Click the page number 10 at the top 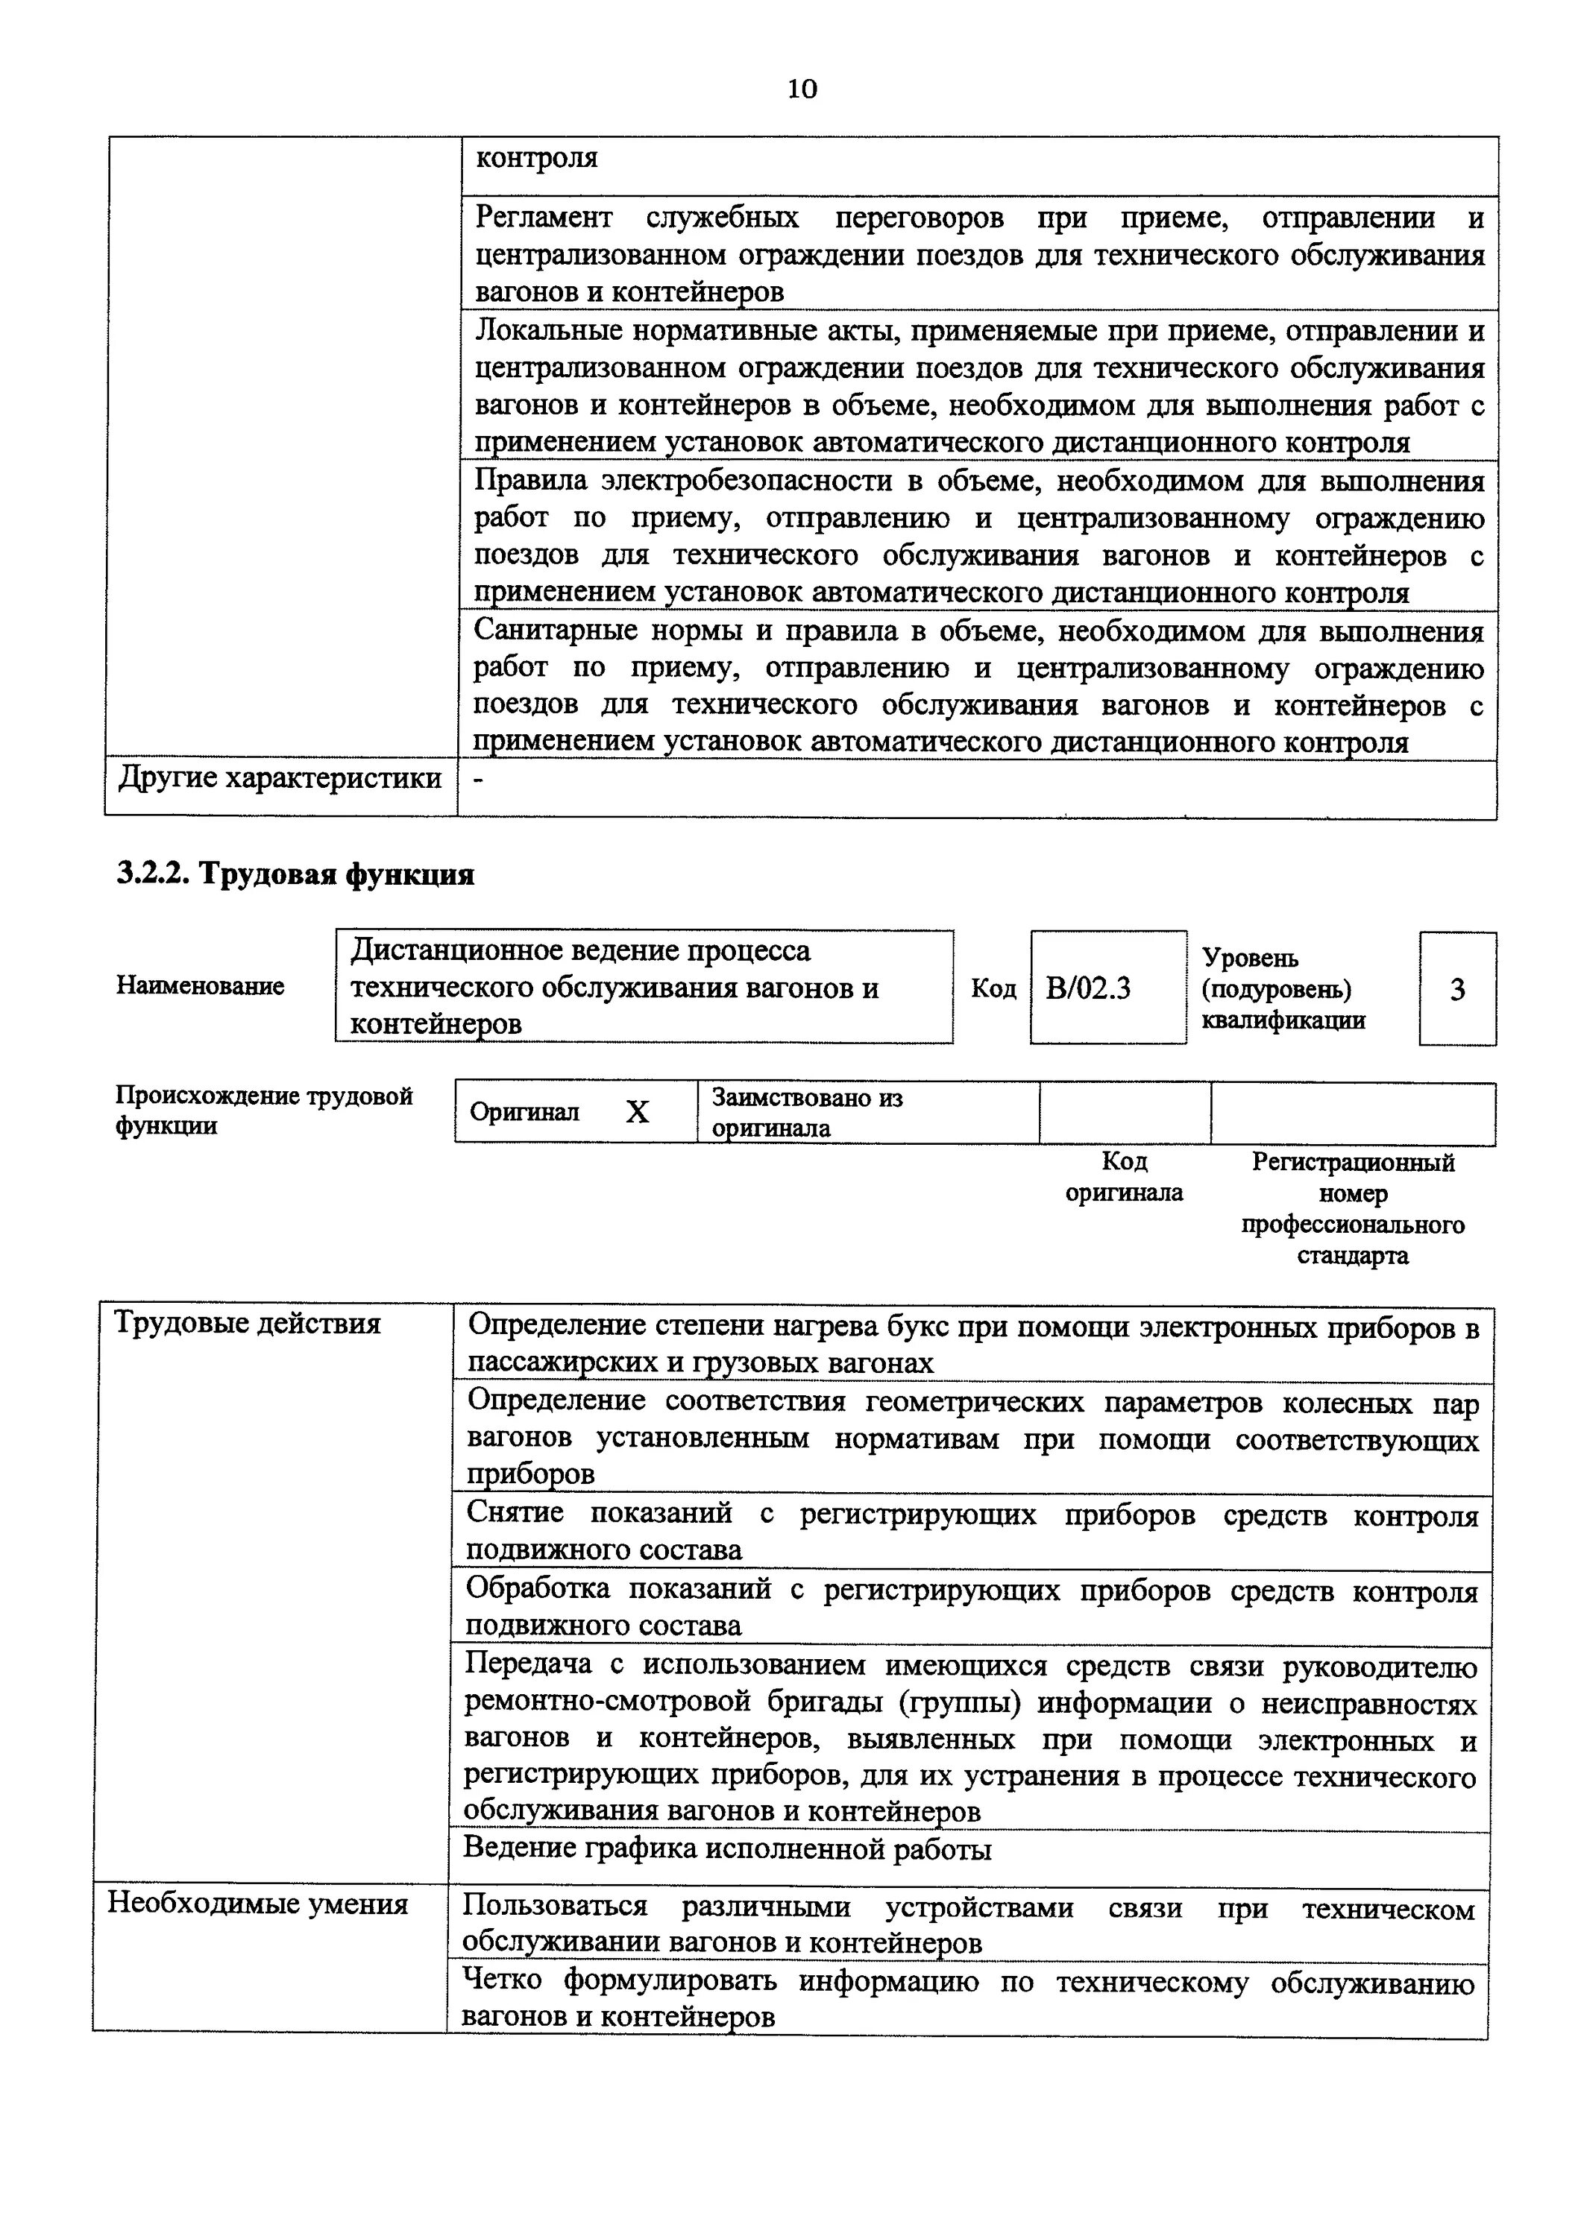(802, 89)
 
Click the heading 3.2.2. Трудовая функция (295, 874)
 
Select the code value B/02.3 (1088, 988)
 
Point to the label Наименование (201, 985)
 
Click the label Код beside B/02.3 (993, 988)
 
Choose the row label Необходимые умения (257, 1903)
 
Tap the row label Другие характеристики (280, 779)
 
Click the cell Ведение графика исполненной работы (726, 1848)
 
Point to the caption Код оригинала (1123, 1176)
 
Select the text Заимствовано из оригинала (807, 1112)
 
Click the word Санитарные (553, 631)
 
